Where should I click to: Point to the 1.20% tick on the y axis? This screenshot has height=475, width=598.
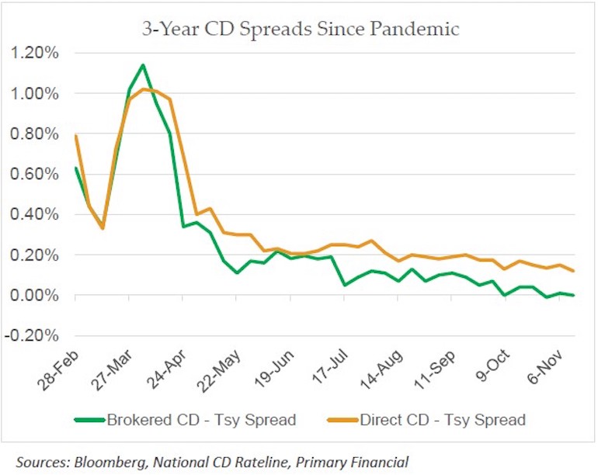click(33, 54)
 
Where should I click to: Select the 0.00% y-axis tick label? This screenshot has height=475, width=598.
click(33, 296)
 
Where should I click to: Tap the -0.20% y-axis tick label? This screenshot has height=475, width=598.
click(31, 336)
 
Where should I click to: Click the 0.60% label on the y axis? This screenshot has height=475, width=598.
click(33, 175)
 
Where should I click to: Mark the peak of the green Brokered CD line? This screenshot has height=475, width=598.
click(143, 64)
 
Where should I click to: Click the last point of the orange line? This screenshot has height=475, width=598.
click(573, 271)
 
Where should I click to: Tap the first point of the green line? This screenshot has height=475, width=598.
click(75, 168)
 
